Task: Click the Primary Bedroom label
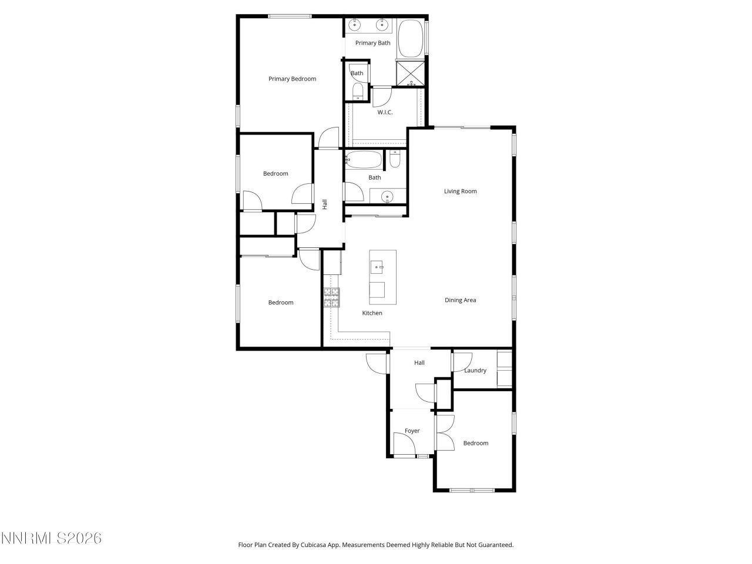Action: [x=292, y=79]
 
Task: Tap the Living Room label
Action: [x=460, y=191]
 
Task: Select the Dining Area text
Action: [x=460, y=300]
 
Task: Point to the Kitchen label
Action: [x=372, y=313]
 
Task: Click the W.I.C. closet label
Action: [x=385, y=112]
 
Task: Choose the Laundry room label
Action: [x=475, y=371]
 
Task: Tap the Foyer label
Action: [x=412, y=431]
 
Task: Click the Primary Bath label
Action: [x=372, y=43]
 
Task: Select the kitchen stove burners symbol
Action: [x=331, y=298]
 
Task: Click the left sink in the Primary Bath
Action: [x=355, y=25]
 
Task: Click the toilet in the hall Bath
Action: [x=395, y=159]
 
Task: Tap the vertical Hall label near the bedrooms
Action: [x=324, y=204]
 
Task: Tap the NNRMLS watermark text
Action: [x=52, y=538]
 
